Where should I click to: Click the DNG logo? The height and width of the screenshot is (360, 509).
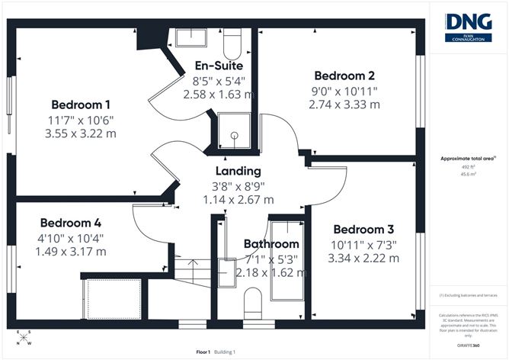468,26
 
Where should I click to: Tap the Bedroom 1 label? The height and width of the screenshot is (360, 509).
82,104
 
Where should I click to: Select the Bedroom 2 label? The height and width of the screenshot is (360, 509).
344,76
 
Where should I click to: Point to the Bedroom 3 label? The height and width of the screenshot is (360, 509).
363,230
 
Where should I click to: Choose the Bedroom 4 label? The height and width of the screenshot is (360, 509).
71,223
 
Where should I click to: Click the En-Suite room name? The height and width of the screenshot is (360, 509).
219,66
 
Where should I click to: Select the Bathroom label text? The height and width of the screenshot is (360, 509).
271,244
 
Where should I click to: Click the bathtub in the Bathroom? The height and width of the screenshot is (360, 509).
287,259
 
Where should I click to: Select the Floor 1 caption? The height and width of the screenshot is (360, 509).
203,352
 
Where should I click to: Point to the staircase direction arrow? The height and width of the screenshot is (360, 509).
191,269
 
